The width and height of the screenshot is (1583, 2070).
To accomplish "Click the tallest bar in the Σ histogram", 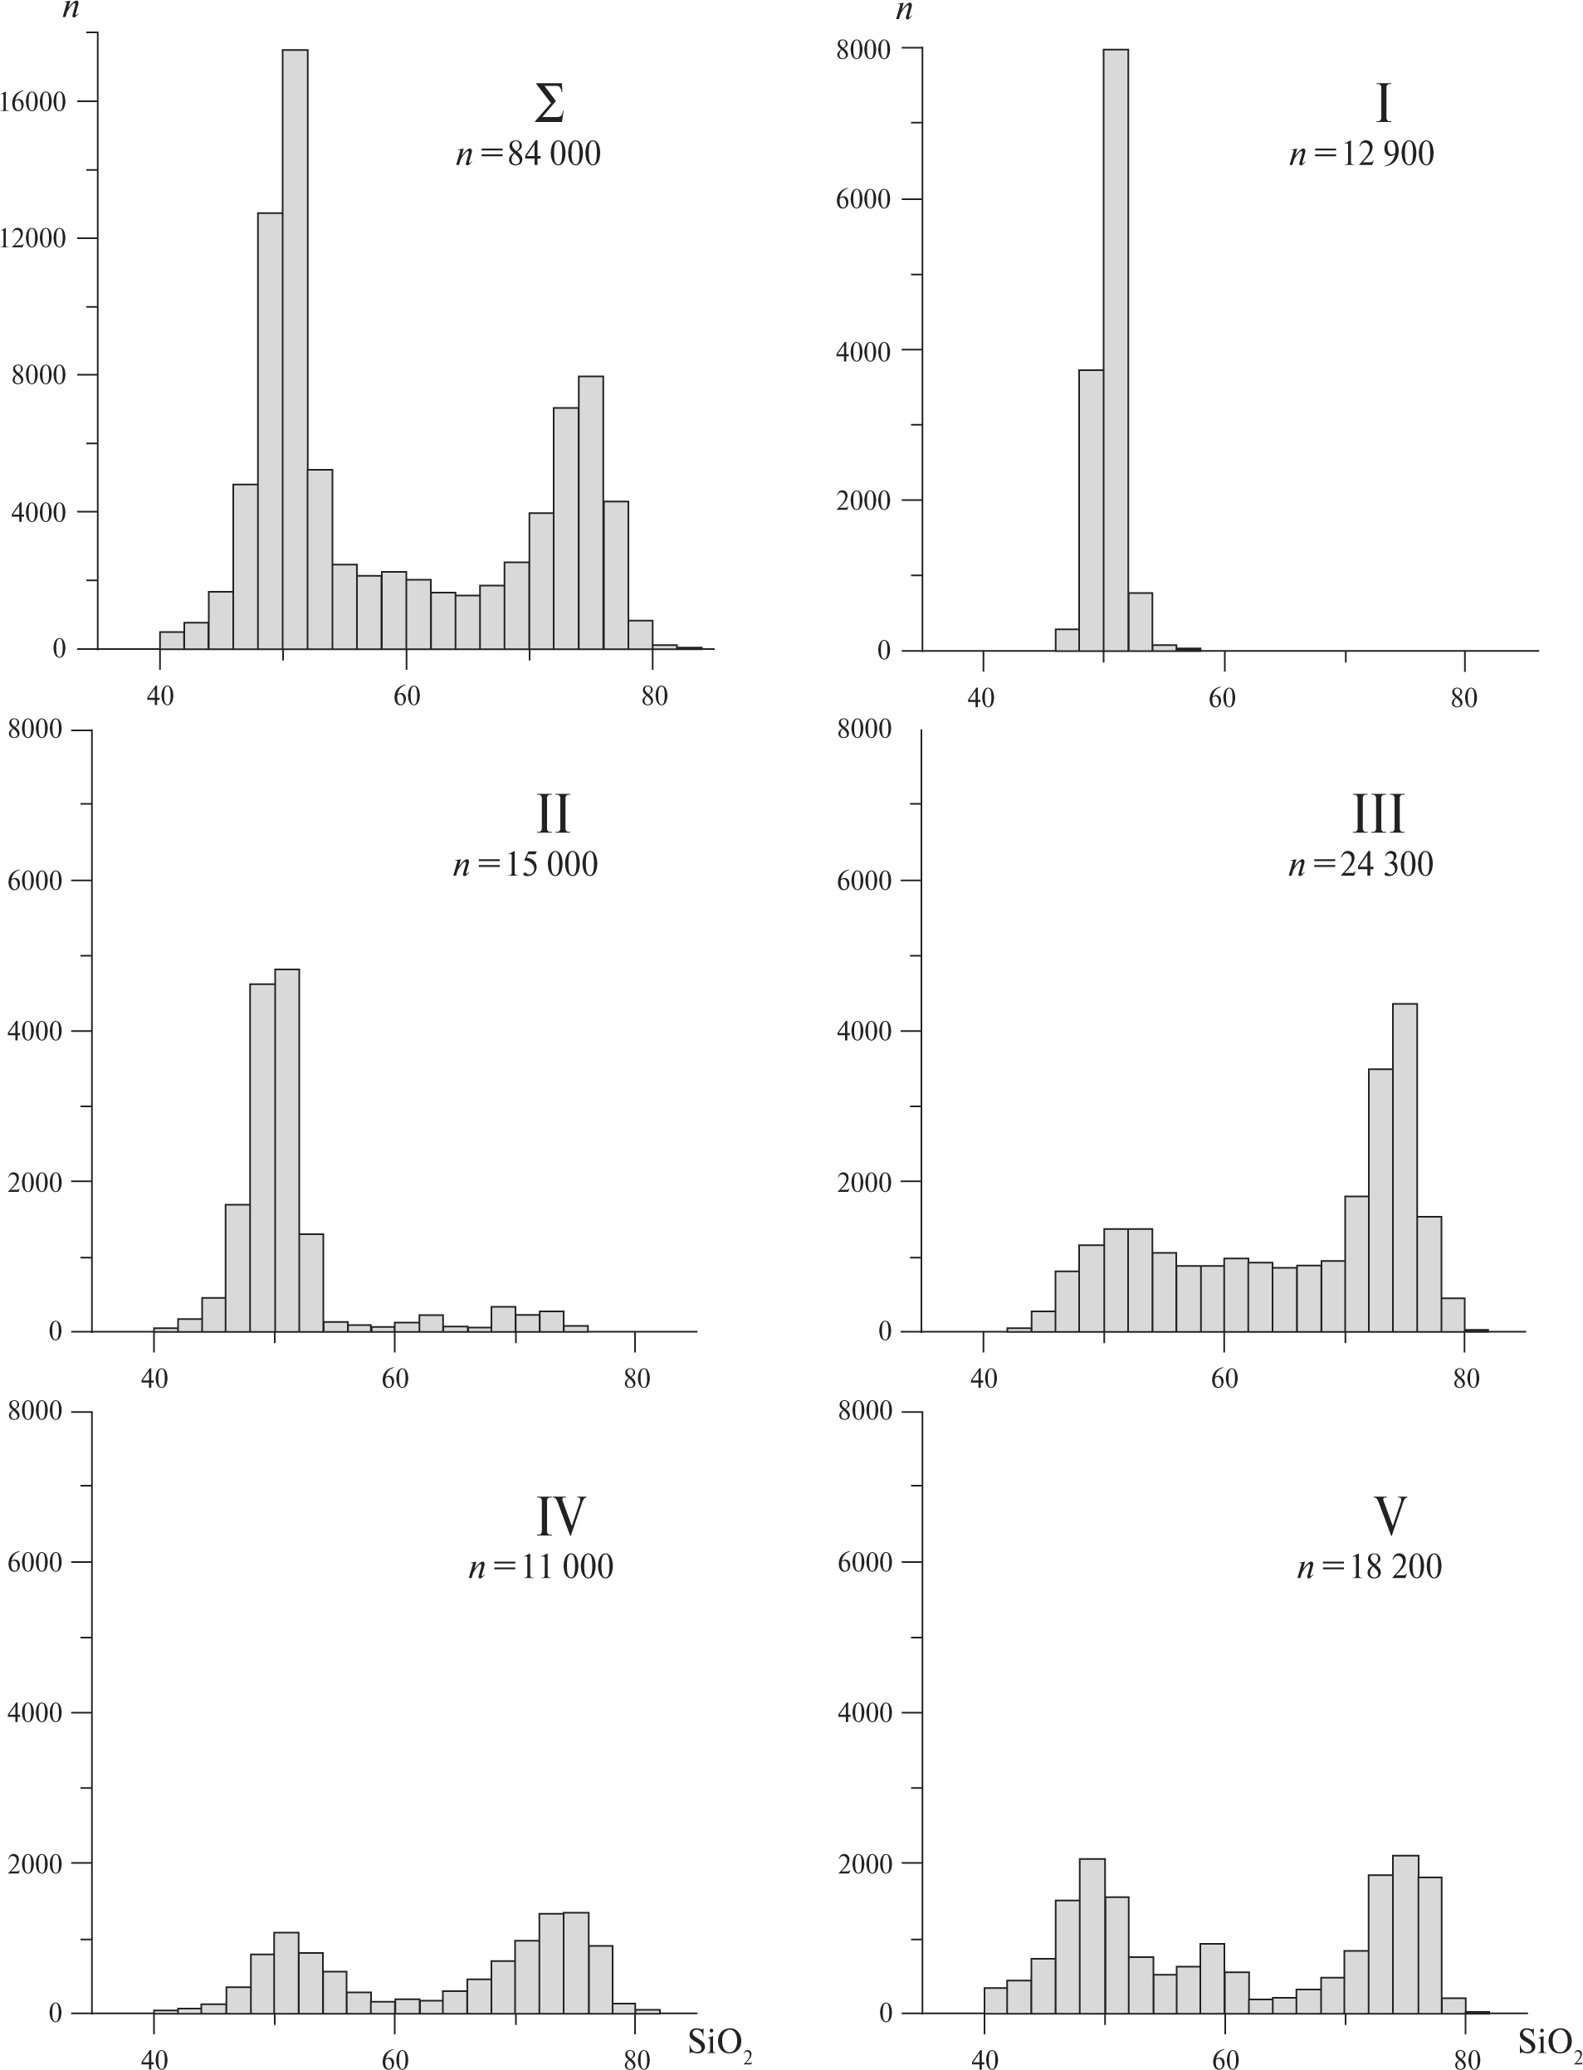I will point(295,349).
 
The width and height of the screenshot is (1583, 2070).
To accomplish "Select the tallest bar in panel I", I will point(1116,349).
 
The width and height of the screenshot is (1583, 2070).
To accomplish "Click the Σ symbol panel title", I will point(550,105).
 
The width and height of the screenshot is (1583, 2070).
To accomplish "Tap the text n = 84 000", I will point(529,154).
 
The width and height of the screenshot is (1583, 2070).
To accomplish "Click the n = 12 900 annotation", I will point(1361,154).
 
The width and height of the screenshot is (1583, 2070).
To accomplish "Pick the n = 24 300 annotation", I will point(1361,864).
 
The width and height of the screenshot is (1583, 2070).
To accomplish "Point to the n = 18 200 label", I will point(1369,1566).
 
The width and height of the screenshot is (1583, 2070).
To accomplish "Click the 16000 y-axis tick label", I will point(34,102).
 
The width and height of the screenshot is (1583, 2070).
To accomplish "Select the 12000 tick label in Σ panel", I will point(34,238).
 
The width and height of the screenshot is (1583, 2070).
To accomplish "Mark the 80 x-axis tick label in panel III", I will point(1466,1379).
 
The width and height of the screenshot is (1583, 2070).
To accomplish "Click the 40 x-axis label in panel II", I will point(154,1379).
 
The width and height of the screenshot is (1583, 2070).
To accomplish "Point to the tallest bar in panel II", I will point(286,1150).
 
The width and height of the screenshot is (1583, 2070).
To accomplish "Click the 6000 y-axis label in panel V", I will point(864,1562).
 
